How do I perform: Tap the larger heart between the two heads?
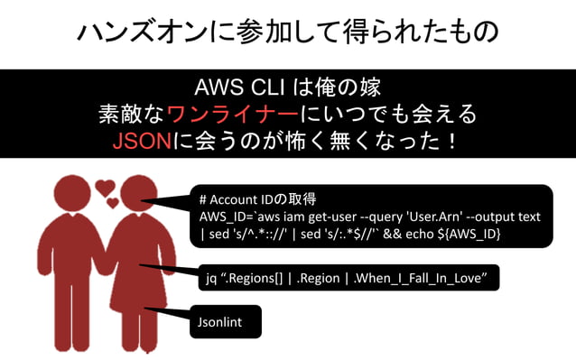click(x=105, y=188)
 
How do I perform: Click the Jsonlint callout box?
click(x=228, y=320)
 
